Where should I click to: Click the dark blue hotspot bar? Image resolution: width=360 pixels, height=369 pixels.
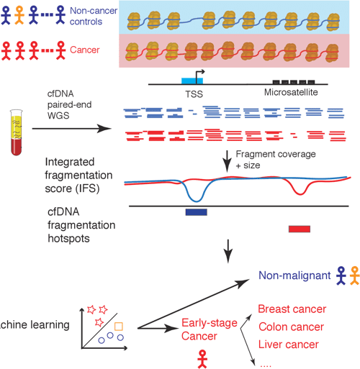(x=197, y=211)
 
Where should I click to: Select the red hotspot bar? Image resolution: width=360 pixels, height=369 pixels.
(x=299, y=229)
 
